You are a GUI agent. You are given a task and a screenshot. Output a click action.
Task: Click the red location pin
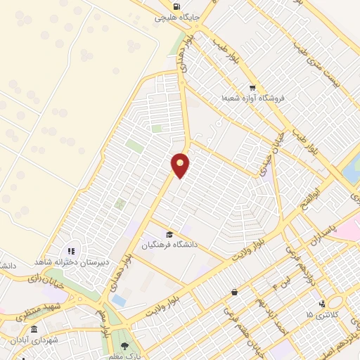(181, 165)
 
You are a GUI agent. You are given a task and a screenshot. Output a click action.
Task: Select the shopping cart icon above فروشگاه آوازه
(252, 88)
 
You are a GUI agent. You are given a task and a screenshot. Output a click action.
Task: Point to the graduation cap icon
(169, 234)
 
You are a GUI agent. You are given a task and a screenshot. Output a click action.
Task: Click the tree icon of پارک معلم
(124, 347)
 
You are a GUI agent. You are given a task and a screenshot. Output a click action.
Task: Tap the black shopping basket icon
(233, 292)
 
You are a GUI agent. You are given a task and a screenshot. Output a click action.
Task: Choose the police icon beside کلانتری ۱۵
(322, 304)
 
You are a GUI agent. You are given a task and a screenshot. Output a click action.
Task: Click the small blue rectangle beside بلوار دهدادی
(120, 301)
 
